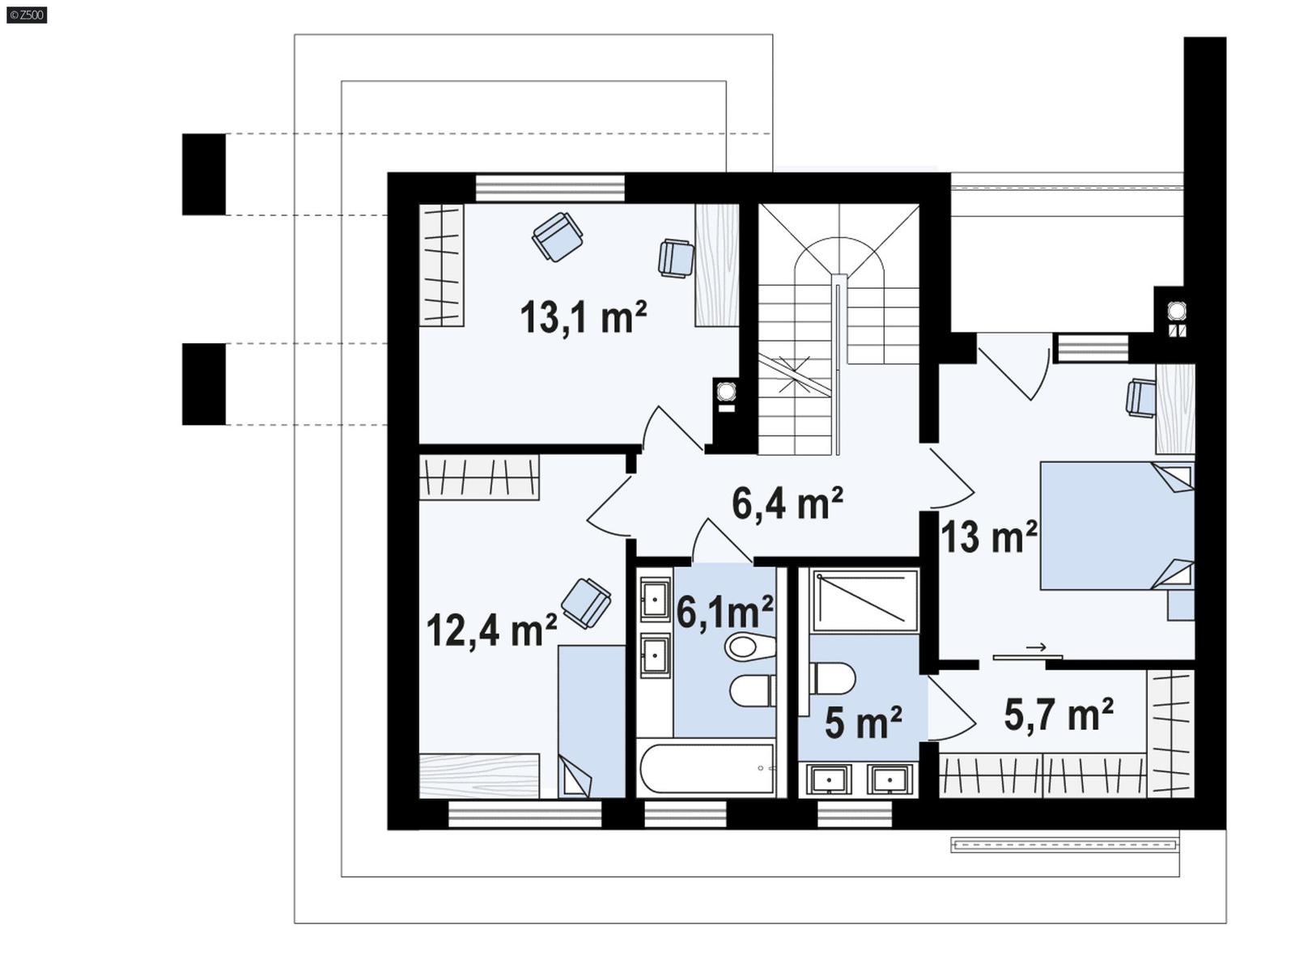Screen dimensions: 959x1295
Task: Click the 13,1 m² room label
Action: click(x=583, y=316)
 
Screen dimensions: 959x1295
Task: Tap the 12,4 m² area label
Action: click(x=491, y=630)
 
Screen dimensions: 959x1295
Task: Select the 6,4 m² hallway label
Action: click(x=787, y=503)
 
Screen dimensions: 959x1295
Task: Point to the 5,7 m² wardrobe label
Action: click(x=1058, y=715)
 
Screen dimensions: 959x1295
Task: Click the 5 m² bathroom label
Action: click(x=863, y=723)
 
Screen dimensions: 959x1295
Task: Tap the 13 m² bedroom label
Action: click(x=988, y=536)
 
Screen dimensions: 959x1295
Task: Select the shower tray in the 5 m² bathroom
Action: click(x=864, y=600)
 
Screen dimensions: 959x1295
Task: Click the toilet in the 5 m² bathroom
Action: click(x=833, y=679)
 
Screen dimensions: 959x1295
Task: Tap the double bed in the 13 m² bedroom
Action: click(x=1115, y=525)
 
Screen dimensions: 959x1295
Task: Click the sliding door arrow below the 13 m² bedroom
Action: click(x=1035, y=647)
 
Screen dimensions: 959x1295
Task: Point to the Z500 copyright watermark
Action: click(x=26, y=15)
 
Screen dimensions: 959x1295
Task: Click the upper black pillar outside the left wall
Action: click(x=203, y=174)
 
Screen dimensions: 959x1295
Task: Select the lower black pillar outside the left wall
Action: click(x=203, y=384)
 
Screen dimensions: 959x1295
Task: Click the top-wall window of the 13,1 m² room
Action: click(x=550, y=188)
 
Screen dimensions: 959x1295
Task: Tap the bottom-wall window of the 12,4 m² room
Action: click(x=524, y=814)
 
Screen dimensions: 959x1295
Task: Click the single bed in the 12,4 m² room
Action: click(x=591, y=720)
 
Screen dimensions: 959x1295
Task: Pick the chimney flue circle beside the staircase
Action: click(x=726, y=391)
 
